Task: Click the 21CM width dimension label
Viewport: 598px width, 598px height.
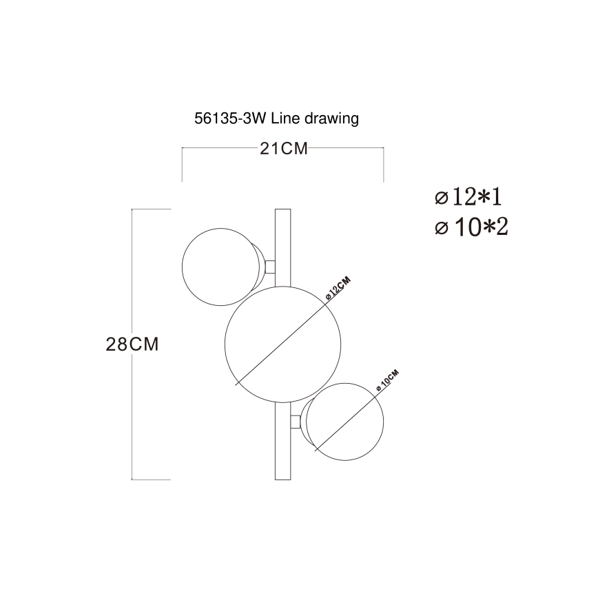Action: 283,149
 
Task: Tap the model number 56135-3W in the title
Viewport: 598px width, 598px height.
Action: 231,119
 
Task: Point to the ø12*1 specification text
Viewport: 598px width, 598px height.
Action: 468,198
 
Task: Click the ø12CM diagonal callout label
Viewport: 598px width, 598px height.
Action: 338,287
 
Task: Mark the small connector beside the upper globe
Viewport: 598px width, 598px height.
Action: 270,266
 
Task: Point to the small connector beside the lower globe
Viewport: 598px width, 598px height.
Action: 296,422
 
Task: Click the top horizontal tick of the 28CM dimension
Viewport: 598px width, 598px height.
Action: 151,209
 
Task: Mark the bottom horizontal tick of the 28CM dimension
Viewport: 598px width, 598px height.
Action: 151,479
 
